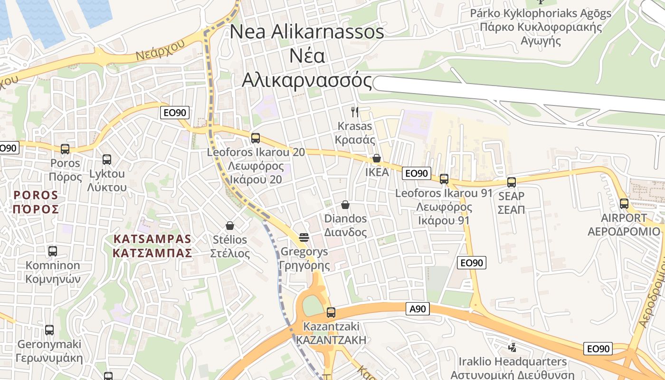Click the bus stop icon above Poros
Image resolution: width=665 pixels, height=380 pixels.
65,149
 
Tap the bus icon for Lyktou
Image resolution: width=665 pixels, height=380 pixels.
107,160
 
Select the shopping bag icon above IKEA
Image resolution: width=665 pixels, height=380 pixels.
377,158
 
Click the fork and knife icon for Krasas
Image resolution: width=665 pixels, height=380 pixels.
355,112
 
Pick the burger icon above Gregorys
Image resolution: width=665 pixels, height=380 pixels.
304,237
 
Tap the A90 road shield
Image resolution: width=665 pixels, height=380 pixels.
418,309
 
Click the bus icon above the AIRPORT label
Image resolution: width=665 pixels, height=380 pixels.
624,204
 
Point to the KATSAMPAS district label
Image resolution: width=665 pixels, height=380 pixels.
152,246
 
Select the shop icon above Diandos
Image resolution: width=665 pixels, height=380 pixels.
345,205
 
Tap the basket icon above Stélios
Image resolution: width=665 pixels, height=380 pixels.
230,225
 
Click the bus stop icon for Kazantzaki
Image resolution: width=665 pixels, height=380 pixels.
331,313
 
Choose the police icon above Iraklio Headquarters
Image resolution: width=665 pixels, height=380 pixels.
512,347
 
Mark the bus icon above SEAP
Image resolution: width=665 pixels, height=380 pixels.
512,182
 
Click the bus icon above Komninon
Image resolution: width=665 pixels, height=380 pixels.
53,251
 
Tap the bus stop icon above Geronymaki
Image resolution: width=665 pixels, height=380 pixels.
49,330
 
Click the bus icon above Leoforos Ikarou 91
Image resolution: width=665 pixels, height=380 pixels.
444,179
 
